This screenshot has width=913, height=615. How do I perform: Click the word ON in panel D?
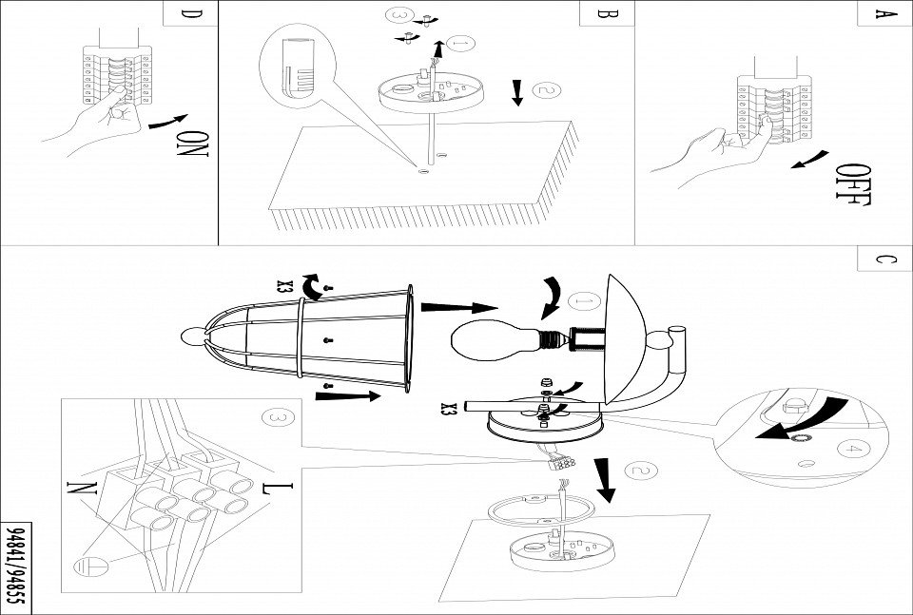193,144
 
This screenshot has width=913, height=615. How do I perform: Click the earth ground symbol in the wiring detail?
85,567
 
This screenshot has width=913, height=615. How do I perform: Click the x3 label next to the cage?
283,284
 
